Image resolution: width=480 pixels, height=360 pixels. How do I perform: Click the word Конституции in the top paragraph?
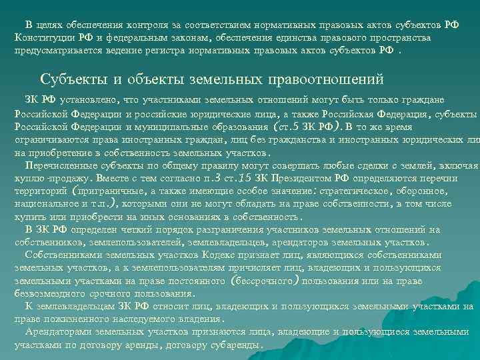coord(47,37)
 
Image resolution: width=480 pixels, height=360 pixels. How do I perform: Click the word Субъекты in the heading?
coord(71,79)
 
